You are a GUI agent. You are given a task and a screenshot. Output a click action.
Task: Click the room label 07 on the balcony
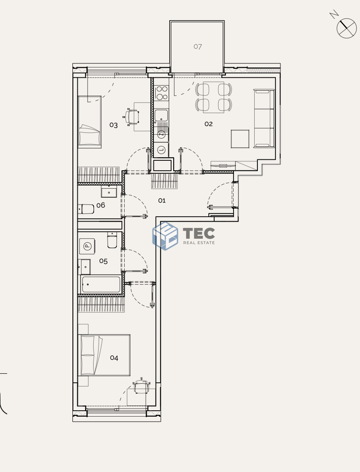click(x=198, y=46)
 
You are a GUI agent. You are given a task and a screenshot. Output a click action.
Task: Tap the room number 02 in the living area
click(x=208, y=124)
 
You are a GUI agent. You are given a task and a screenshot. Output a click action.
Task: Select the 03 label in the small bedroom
click(x=113, y=125)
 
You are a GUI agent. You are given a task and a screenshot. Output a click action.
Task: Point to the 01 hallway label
click(x=162, y=200)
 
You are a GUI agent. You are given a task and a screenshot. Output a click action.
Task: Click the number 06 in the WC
click(x=101, y=205)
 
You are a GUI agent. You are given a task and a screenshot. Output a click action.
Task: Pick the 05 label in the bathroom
click(x=103, y=261)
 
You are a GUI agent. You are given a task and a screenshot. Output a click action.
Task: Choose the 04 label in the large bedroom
click(x=114, y=358)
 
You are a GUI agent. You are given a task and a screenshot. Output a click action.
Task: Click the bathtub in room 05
click(x=101, y=284)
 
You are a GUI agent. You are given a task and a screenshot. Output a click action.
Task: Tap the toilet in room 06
click(x=86, y=209)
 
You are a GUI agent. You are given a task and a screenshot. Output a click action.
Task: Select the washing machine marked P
click(x=87, y=246)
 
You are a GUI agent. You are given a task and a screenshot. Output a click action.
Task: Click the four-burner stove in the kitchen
click(x=162, y=93)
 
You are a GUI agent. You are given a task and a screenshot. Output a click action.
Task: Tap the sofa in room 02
click(x=264, y=118)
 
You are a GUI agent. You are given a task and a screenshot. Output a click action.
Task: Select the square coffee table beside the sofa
click(x=240, y=139)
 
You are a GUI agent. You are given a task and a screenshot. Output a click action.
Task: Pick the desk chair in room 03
click(x=131, y=117)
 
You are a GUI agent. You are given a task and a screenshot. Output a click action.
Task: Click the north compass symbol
click(x=346, y=27)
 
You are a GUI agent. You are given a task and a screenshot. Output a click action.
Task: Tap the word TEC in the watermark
click(x=199, y=233)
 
